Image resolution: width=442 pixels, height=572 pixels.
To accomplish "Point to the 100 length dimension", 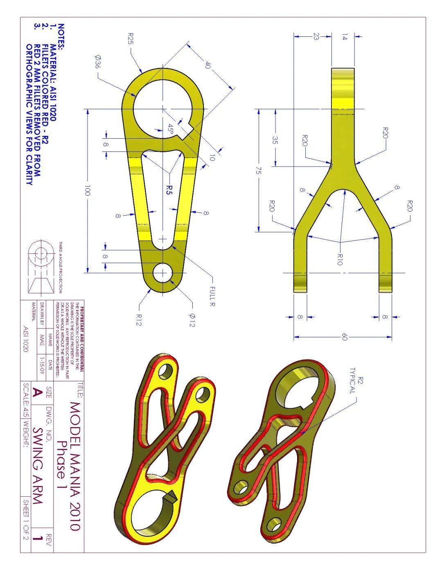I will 87,191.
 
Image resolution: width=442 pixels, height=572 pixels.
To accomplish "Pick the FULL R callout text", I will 212,296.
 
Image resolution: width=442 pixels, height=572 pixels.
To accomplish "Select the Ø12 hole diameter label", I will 192,320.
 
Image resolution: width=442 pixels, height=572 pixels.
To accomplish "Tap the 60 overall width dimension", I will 344,337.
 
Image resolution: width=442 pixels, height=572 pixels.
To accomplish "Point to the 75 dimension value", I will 258,171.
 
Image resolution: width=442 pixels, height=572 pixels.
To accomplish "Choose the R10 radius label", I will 339,259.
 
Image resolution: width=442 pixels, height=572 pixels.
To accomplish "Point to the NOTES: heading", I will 61,36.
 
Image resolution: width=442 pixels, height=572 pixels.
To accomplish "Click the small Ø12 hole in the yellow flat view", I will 162,272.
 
